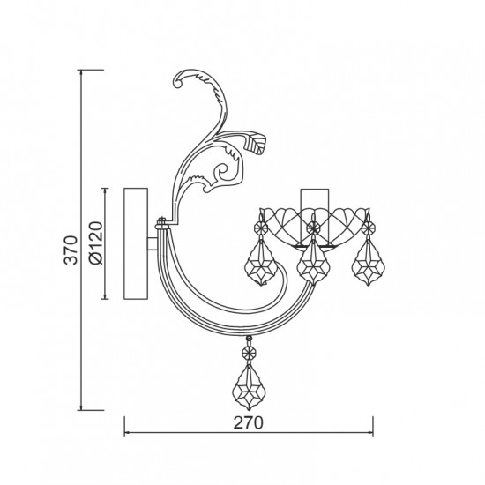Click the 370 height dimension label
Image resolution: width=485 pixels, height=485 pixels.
pos(71,250)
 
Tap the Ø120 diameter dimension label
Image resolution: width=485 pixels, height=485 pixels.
pos(95,242)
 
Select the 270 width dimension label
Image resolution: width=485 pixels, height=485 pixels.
pos(248,422)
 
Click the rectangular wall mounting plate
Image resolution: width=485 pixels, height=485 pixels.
pos(136,243)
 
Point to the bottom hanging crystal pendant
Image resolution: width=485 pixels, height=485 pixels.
pos(249,387)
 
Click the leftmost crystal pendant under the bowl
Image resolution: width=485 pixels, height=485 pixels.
pos(261,262)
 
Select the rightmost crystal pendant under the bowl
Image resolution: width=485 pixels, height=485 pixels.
pos(368,262)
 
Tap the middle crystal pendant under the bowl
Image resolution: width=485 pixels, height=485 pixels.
pos(313,262)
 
